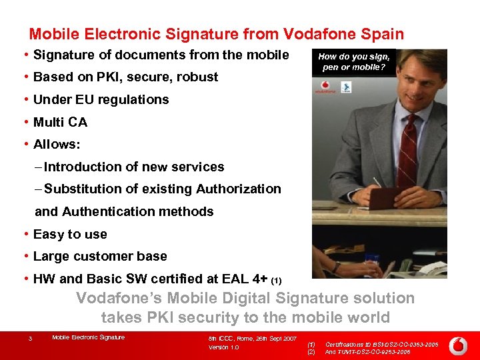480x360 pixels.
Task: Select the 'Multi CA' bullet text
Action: (x=60, y=122)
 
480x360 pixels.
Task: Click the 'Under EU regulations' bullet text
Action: (x=101, y=99)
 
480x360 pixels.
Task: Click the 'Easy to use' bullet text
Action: (x=70, y=234)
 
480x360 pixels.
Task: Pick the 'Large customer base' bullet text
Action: (x=100, y=256)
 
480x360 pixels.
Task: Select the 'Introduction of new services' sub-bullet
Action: (x=134, y=167)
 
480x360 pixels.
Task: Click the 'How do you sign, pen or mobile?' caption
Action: (x=354, y=62)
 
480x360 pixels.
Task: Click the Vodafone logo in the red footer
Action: (x=457, y=345)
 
